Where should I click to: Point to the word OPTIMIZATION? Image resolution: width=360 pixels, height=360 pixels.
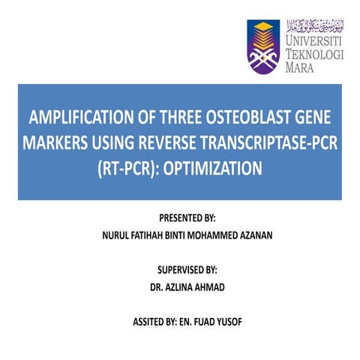(215, 167)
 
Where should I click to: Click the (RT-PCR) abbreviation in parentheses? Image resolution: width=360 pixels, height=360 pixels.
(128, 167)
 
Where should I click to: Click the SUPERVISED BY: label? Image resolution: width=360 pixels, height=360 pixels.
(180, 269)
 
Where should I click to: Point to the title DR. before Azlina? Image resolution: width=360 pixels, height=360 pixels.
(159, 286)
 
